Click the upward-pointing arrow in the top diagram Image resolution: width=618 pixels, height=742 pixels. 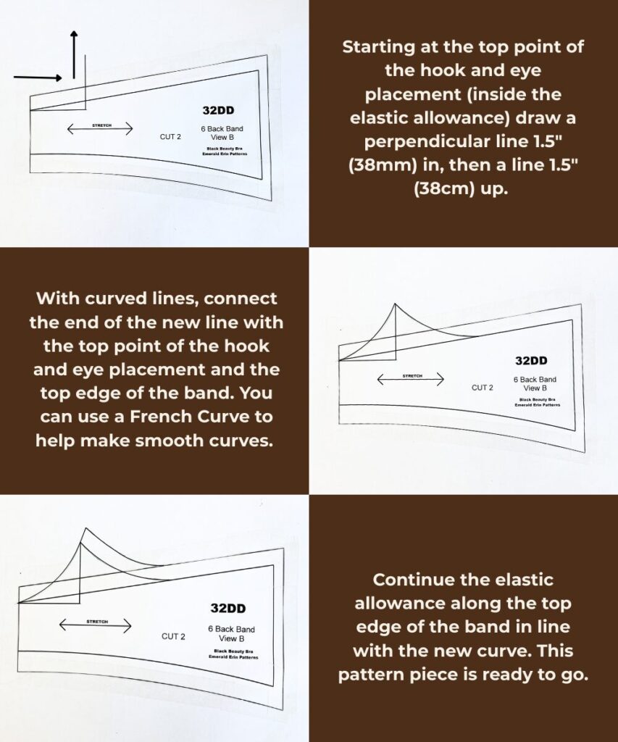[x=74, y=54]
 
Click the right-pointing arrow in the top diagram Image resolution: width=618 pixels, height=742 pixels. [x=38, y=77]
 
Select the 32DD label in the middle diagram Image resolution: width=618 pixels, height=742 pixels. [x=531, y=361]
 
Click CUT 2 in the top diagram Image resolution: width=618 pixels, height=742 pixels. [x=171, y=136]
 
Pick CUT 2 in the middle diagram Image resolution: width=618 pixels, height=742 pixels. [x=482, y=388]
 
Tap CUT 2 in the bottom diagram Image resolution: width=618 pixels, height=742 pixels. [x=173, y=636]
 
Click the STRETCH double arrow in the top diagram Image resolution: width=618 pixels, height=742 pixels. [x=100, y=129]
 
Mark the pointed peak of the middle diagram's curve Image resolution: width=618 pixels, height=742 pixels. [x=395, y=304]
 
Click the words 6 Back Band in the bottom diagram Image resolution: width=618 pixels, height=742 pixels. [x=230, y=629]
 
